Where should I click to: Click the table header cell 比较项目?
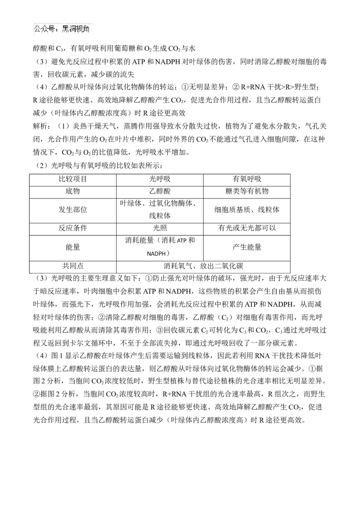tap(73, 179)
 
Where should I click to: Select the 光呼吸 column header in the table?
tap(160, 179)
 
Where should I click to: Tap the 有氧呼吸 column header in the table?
tap(246, 179)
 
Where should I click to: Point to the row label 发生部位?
tap(73, 210)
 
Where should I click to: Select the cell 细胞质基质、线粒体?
tap(247, 210)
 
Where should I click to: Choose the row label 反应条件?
tap(73, 228)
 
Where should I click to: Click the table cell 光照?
tap(160, 228)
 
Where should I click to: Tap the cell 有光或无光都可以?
tap(247, 228)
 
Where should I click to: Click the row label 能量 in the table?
tap(73, 247)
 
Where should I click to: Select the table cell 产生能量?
tap(247, 247)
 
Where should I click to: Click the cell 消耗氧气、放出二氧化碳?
tap(203, 265)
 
